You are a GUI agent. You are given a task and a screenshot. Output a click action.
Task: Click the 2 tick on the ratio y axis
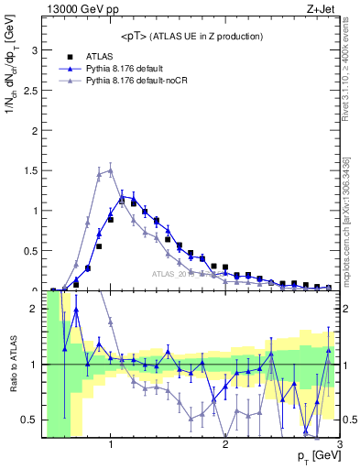point(36,309)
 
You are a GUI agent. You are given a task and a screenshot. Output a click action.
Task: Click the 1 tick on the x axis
point(111,446)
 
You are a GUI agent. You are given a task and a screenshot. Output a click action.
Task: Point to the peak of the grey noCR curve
point(111,169)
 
